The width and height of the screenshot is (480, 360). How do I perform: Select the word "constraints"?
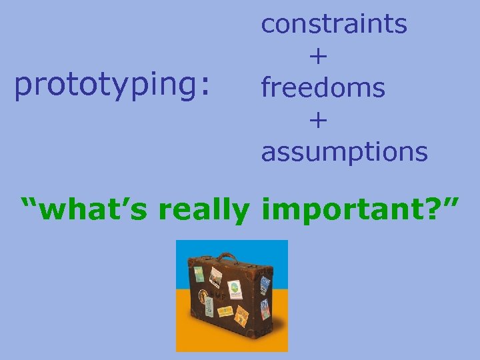[334, 24]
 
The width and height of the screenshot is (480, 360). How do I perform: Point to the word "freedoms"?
[323, 87]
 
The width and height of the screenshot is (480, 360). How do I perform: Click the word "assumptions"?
[344, 151]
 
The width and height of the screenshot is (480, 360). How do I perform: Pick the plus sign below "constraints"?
[318, 57]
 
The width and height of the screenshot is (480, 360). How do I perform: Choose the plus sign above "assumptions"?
[318, 120]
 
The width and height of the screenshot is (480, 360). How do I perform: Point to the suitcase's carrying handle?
[227, 257]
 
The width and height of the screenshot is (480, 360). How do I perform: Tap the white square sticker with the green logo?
[235, 289]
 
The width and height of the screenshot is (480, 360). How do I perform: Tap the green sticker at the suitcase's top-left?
[198, 275]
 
